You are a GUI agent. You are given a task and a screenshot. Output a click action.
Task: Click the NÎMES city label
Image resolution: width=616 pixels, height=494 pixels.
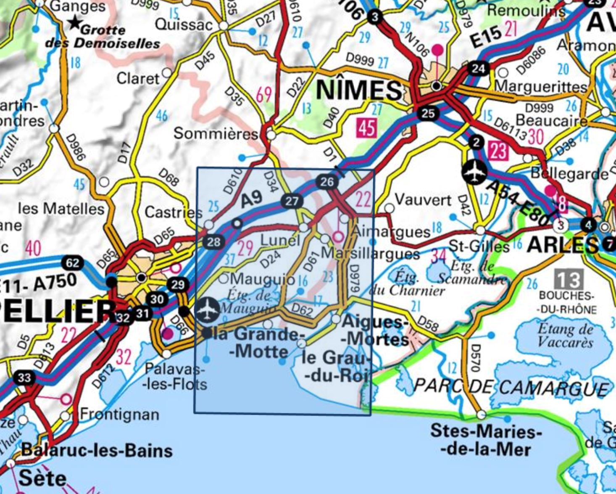358,90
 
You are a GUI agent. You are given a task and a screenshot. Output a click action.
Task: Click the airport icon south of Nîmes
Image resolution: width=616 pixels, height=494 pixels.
474,172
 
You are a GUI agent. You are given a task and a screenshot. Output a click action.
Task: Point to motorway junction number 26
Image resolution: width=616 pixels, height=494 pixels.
326,182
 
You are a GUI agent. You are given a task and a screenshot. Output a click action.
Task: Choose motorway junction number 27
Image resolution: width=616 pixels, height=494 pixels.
292,201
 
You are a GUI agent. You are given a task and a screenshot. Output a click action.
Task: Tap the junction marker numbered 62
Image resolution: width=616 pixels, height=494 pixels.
72,263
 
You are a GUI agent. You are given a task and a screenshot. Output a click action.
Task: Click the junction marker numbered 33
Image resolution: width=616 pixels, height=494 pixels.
24,377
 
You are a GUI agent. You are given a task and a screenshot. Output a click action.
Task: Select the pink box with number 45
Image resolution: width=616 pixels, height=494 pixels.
366,127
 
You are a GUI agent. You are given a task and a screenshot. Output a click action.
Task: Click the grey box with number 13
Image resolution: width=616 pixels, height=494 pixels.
569,279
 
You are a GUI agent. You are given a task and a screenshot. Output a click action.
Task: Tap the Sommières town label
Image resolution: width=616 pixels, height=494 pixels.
216,134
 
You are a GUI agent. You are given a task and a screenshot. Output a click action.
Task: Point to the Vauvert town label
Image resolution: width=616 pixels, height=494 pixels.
423,199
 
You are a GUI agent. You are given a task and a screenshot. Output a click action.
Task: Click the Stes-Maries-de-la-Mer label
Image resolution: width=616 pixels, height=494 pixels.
486,440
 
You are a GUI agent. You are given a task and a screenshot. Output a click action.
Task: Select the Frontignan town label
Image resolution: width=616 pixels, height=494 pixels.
119,414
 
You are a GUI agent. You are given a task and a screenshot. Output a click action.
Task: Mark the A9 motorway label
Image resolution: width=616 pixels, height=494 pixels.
251,199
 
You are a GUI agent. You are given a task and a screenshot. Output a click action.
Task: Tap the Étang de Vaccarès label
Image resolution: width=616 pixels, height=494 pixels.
566,335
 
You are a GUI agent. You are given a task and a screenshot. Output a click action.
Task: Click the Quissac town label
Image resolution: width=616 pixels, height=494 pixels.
184,24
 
